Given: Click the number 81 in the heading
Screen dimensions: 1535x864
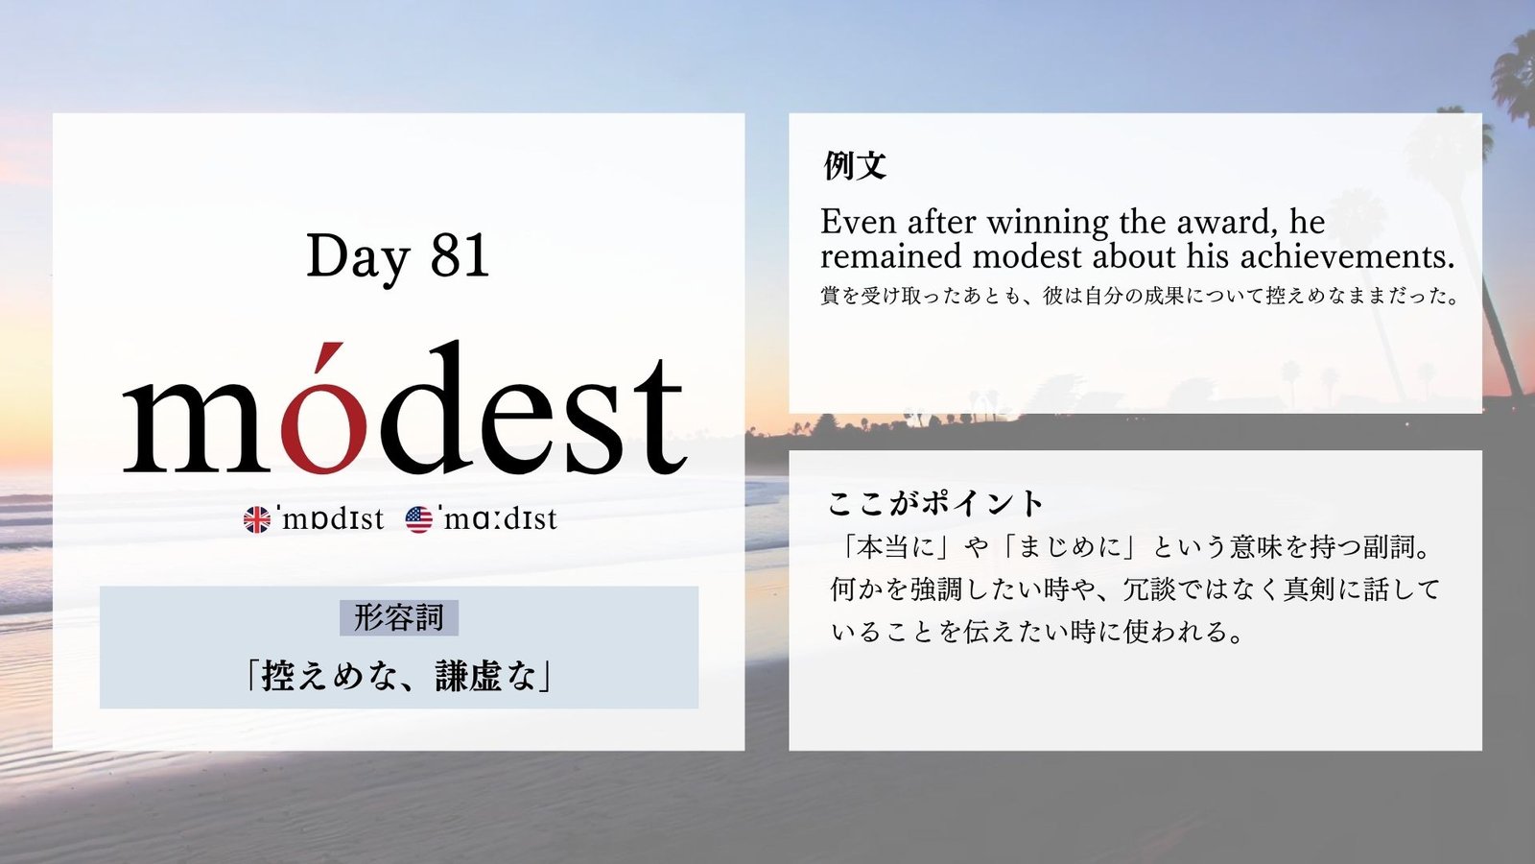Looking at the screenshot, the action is (460, 255).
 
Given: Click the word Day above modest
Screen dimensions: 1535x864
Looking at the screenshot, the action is (358, 258).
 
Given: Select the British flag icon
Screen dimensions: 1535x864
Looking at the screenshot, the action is (257, 519).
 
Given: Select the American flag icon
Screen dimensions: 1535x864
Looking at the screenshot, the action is (418, 519).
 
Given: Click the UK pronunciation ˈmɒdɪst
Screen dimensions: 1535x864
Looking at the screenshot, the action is (330, 519).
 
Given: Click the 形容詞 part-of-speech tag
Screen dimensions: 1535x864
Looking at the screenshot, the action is (399, 617).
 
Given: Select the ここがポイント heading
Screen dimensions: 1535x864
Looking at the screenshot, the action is (935, 503).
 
